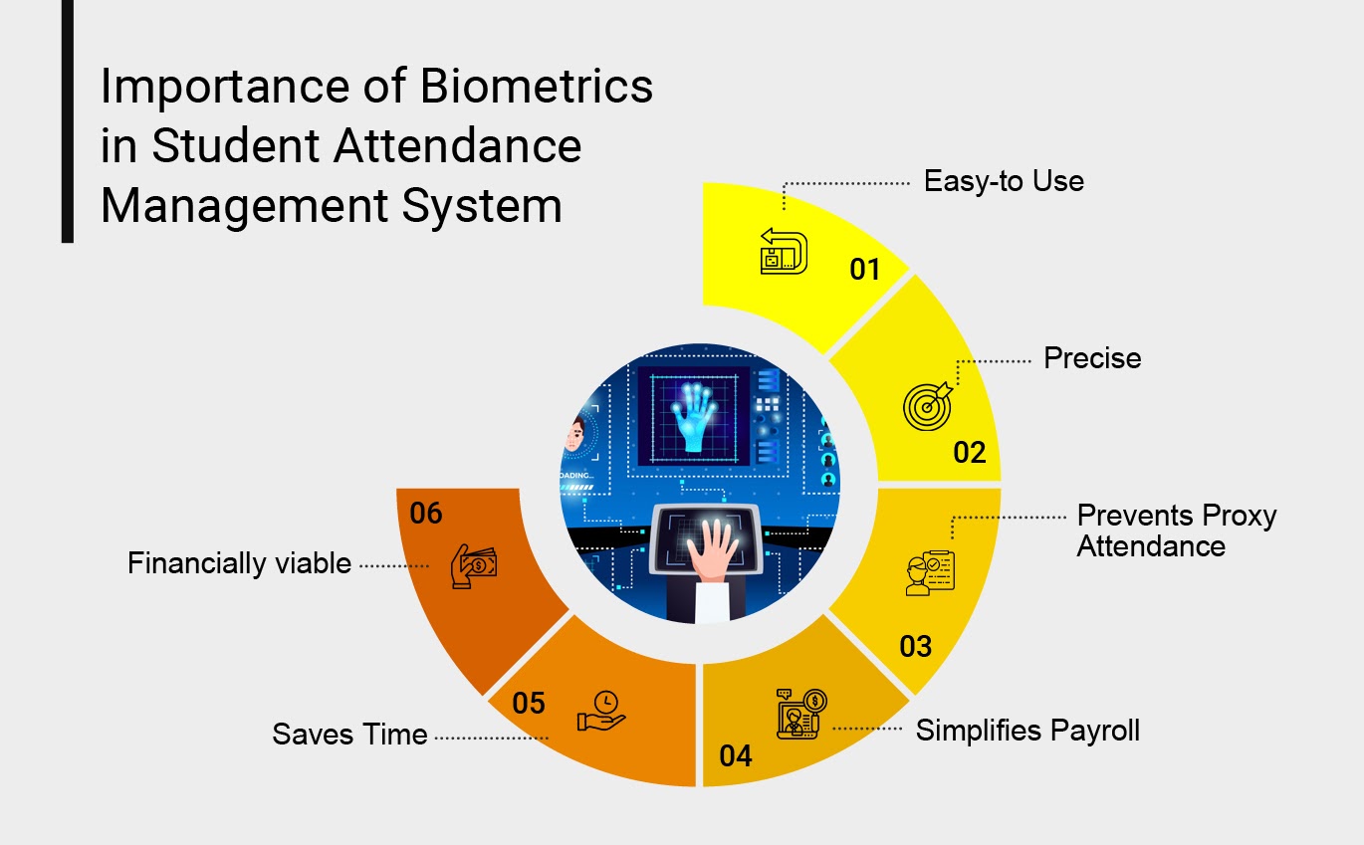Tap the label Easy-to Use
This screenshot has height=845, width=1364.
(x=1004, y=181)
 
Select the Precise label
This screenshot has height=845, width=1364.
(x=1092, y=358)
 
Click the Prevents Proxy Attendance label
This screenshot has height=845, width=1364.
(x=1176, y=530)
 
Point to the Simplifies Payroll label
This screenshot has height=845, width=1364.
(x=1027, y=730)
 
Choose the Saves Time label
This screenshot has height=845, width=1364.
(x=349, y=735)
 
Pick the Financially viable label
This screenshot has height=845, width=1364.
(x=239, y=563)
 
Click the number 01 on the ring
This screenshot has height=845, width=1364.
(x=865, y=269)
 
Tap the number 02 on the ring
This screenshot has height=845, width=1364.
(x=969, y=453)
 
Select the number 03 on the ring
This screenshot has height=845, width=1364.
(x=915, y=647)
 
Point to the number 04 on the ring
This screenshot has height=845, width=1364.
(x=735, y=756)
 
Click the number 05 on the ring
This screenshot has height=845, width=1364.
(x=529, y=704)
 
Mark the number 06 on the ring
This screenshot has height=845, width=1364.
(x=425, y=514)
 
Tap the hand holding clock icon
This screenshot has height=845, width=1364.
(x=601, y=710)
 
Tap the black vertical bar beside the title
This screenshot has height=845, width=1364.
(x=67, y=121)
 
